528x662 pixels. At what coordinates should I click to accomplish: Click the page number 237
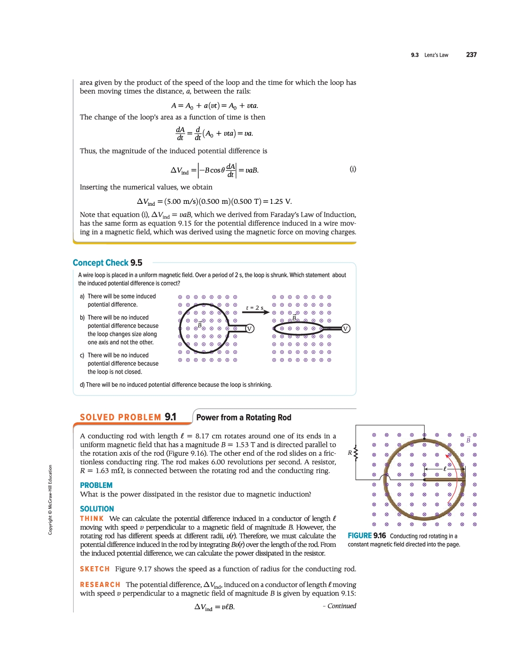(x=471, y=55)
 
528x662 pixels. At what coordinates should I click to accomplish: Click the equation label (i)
(x=353, y=169)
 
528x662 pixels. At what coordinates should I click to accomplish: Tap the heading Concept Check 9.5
(x=108, y=263)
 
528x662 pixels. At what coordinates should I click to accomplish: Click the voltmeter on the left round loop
(x=250, y=328)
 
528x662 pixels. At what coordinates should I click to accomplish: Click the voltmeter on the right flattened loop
(x=346, y=328)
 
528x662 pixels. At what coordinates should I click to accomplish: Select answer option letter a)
(x=82, y=296)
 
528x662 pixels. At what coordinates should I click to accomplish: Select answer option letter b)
(x=82, y=318)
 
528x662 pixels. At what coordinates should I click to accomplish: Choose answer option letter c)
(x=82, y=355)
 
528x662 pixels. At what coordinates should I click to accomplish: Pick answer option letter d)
(x=82, y=385)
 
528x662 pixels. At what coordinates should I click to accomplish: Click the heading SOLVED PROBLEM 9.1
(x=128, y=417)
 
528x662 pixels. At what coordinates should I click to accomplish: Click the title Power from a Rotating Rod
(x=244, y=418)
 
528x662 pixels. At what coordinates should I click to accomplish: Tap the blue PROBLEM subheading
(x=96, y=485)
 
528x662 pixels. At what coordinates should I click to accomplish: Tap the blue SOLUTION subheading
(x=97, y=509)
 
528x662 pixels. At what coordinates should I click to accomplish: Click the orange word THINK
(x=92, y=519)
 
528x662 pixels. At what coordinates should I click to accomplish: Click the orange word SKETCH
(x=94, y=569)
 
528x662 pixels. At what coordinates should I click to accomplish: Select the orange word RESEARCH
(x=100, y=585)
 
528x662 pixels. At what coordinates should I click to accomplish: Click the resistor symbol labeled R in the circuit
(x=356, y=453)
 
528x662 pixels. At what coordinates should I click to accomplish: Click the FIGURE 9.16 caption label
(x=367, y=536)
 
